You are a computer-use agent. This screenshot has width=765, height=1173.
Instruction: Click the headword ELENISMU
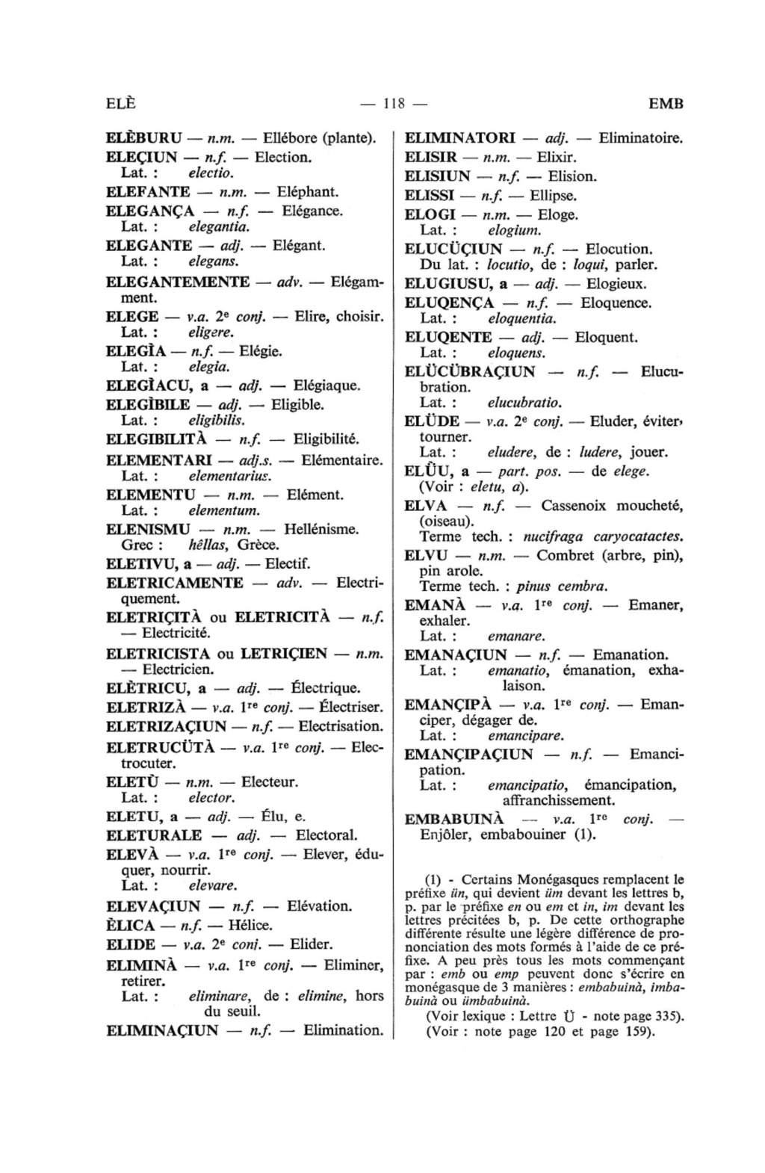[x=149, y=530]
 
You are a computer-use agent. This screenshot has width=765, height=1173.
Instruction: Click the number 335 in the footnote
[x=661, y=1016]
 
